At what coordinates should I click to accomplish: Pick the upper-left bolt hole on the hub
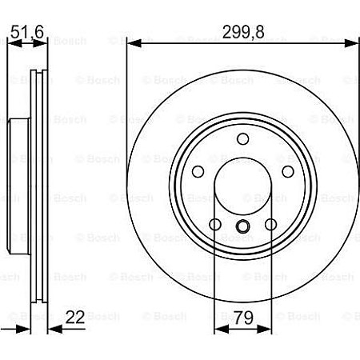(x=197, y=172)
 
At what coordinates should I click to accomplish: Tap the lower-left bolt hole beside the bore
(x=214, y=225)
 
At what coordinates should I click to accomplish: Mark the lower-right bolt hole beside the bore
(x=270, y=225)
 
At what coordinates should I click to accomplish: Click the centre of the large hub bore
(x=242, y=189)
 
